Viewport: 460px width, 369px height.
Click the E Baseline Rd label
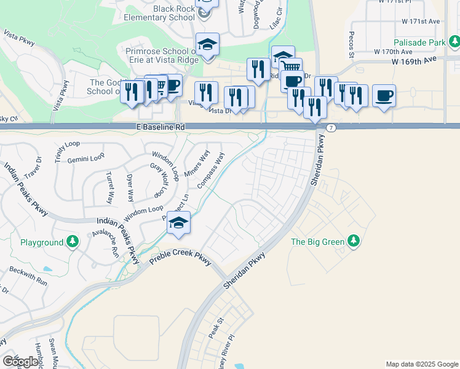tap(161, 127)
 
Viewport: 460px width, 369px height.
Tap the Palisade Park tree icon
tap(454, 42)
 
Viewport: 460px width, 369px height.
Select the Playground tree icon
tap(73, 242)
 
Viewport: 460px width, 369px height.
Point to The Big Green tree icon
tap(353, 240)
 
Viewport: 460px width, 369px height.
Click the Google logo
tap(20, 361)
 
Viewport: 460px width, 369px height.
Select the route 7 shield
tap(331, 127)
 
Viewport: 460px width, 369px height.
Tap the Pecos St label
tap(352, 45)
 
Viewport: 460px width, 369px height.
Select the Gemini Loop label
tap(86, 159)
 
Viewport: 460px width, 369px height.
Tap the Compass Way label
tap(211, 170)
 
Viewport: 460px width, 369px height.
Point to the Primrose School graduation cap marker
tap(208, 44)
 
